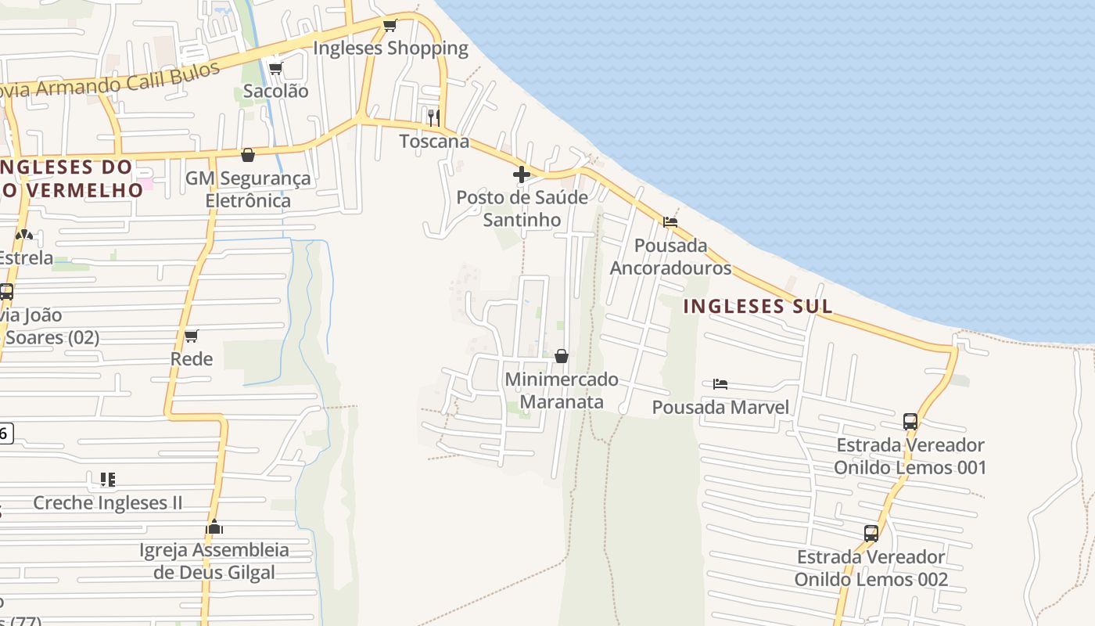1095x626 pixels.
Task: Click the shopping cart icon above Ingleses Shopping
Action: pyautogui.click(x=390, y=25)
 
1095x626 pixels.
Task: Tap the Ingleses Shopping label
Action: pyautogui.click(x=390, y=49)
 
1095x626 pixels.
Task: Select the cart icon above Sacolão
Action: pyautogui.click(x=275, y=69)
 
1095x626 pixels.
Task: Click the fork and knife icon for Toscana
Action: pyautogui.click(x=433, y=118)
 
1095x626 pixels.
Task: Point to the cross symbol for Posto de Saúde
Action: pyautogui.click(x=522, y=174)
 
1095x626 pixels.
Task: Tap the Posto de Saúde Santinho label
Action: pyautogui.click(x=522, y=208)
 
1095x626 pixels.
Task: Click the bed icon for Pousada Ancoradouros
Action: pyautogui.click(x=670, y=222)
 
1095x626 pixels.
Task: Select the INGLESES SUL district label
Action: pyautogui.click(x=758, y=306)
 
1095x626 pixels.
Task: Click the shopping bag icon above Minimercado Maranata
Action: pyautogui.click(x=562, y=357)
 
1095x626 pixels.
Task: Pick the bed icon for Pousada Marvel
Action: pyautogui.click(x=720, y=384)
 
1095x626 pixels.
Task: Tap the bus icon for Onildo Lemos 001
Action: pyautogui.click(x=910, y=422)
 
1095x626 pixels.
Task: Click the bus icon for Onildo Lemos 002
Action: pyautogui.click(x=871, y=534)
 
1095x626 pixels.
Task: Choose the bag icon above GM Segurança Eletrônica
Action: pyautogui.click(x=248, y=156)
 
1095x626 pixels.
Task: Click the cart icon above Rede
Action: pyautogui.click(x=192, y=336)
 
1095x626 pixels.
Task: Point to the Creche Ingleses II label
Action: pyautogui.click(x=107, y=502)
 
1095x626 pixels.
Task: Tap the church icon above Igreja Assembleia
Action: pyautogui.click(x=214, y=527)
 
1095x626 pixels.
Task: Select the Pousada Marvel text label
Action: pyautogui.click(x=720, y=407)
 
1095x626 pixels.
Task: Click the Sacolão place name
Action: pyautogui.click(x=275, y=91)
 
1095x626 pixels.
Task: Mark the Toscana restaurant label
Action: pyautogui.click(x=434, y=142)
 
